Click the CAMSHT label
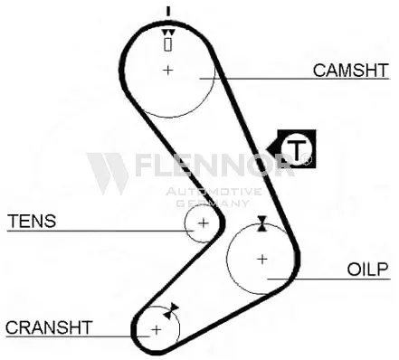pos(351,71)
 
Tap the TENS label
pos(32,221)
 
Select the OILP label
pos(367,270)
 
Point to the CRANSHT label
pos(49,327)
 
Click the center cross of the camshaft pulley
pos(168,70)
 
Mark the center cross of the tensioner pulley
pos(204,223)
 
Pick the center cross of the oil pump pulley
pos(262,259)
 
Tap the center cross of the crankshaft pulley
pos(157,329)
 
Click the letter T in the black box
pos(297,149)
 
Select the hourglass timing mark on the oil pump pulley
pos(262,223)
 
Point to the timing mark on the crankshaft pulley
pos(171,311)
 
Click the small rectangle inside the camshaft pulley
pos(168,44)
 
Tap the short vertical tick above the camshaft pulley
pos(168,11)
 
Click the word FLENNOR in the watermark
pos(214,165)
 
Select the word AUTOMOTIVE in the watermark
pos(214,192)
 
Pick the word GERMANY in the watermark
pos(213,203)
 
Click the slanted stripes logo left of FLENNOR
pos(108,173)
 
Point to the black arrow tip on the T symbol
pos(267,148)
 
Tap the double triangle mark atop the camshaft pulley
pos(168,33)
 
